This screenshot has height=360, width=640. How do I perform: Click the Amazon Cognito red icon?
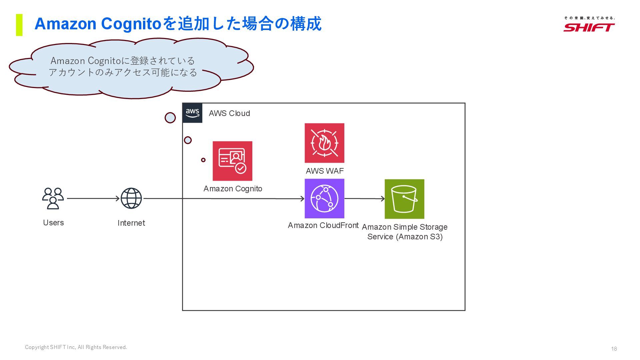[232, 161]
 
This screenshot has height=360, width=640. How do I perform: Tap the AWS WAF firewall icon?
[324, 143]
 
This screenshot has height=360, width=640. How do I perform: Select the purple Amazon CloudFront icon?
[324, 199]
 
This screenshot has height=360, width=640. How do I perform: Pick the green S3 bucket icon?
[404, 199]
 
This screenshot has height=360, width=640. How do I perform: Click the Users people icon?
[53, 198]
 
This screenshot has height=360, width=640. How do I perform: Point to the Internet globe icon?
[131, 198]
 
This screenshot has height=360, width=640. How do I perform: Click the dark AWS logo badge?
[192, 113]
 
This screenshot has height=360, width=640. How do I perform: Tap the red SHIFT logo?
[589, 27]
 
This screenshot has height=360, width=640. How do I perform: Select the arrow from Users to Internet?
[93, 198]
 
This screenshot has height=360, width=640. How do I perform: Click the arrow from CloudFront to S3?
[364, 199]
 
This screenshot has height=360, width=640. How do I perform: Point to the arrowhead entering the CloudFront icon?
[302, 199]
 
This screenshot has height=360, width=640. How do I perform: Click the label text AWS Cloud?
[229, 113]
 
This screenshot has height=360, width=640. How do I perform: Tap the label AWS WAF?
[325, 171]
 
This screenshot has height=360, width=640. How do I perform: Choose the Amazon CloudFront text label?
[323, 225]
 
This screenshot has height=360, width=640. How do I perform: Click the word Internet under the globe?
[131, 223]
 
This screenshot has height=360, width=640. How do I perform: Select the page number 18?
[614, 349]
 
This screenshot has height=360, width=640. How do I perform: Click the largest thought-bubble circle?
[170, 118]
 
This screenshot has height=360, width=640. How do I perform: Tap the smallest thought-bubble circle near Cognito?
[203, 160]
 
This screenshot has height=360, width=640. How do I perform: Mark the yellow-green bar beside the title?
[19, 25]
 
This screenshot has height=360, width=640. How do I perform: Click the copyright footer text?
[76, 347]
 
